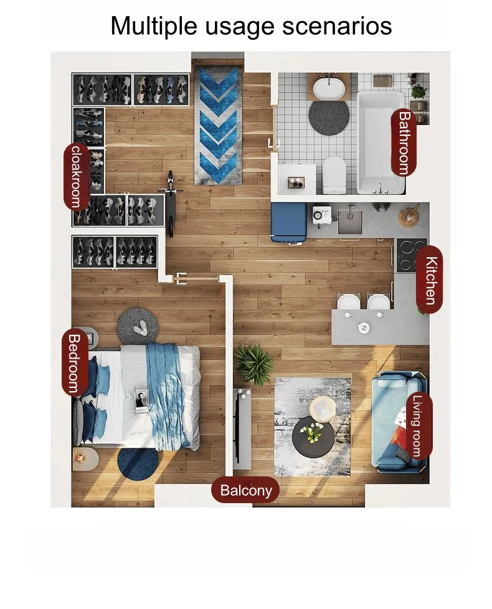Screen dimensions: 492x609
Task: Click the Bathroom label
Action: [x=404, y=143]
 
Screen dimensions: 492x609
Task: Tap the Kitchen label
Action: [x=430, y=279]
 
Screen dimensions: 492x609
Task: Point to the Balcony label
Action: [x=246, y=490]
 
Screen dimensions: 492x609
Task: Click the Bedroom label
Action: [x=75, y=363]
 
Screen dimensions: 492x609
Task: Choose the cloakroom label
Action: [x=77, y=176]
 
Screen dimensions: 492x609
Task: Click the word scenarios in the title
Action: [x=337, y=26]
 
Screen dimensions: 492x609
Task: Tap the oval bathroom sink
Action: [x=329, y=89]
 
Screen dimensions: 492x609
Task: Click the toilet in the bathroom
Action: [x=334, y=174]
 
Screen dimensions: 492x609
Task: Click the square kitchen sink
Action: [x=350, y=222]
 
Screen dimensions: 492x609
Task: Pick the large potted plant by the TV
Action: [x=253, y=364]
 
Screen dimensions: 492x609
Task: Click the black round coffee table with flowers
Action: [x=313, y=435]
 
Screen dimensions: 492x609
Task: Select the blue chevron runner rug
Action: [x=219, y=125]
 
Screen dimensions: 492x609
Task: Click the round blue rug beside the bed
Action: [x=138, y=464]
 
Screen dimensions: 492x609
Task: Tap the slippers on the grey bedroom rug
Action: [x=140, y=329]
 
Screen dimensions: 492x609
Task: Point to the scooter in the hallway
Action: [x=170, y=203]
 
